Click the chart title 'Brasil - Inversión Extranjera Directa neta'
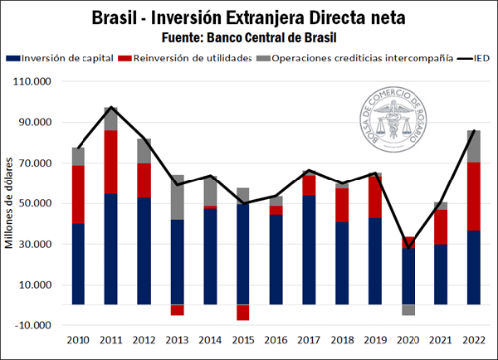pos(248,16)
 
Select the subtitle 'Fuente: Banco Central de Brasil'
pos(248,36)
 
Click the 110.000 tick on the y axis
pos(31,82)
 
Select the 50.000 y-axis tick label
pos(32,204)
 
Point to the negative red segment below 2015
pos(242,313)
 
